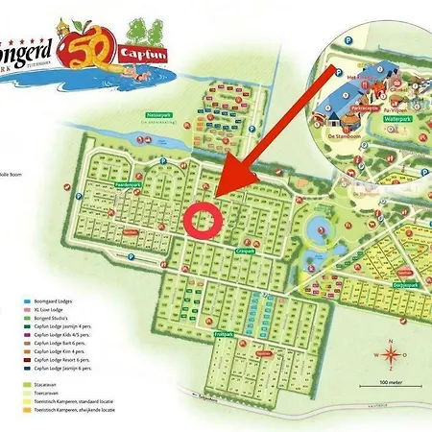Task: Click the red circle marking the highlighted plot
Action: click(204, 218)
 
